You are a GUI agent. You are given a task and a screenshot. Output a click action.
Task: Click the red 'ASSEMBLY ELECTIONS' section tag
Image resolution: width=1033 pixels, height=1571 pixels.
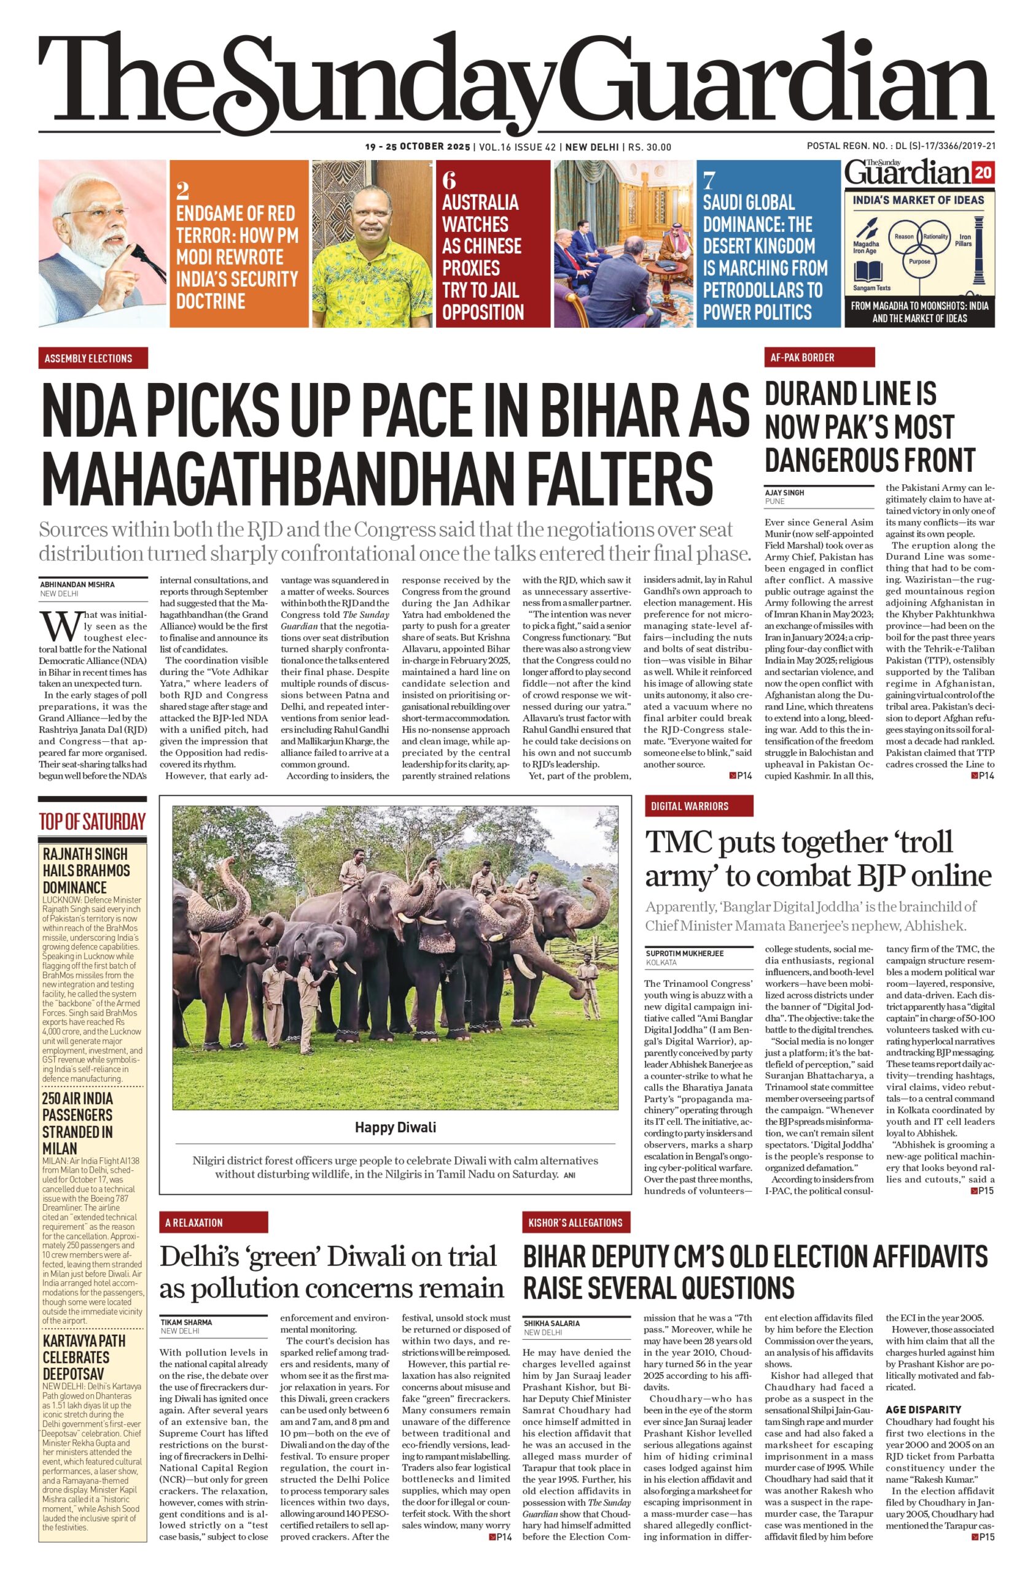93,358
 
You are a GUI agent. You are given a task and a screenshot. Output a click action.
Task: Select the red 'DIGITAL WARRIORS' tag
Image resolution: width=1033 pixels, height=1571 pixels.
698,806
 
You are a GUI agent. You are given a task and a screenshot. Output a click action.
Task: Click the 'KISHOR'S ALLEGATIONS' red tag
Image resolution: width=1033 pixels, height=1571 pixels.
575,1222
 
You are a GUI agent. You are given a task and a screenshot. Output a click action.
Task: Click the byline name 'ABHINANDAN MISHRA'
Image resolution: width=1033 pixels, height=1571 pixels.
77,584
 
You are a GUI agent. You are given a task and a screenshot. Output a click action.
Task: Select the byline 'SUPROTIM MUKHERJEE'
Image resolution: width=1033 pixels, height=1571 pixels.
685,953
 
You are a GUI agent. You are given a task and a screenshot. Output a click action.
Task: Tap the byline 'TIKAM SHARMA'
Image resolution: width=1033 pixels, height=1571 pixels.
186,1322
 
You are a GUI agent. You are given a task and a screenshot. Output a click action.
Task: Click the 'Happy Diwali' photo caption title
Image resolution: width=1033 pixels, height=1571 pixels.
395,1127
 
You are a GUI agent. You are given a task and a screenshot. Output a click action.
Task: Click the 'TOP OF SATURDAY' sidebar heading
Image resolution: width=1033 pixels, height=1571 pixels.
93,822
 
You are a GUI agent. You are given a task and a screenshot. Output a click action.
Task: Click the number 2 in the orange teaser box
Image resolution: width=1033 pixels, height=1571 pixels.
183,191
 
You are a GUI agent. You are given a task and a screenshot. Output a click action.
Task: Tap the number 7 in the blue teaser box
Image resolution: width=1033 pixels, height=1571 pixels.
709,180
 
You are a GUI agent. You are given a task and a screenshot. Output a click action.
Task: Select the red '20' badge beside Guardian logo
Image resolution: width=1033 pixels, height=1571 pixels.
983,174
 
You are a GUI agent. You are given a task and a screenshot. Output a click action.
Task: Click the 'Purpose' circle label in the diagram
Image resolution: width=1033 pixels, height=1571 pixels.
919,261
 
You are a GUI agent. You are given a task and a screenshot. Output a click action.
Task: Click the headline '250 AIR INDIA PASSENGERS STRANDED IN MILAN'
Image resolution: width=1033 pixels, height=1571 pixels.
78,1123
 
